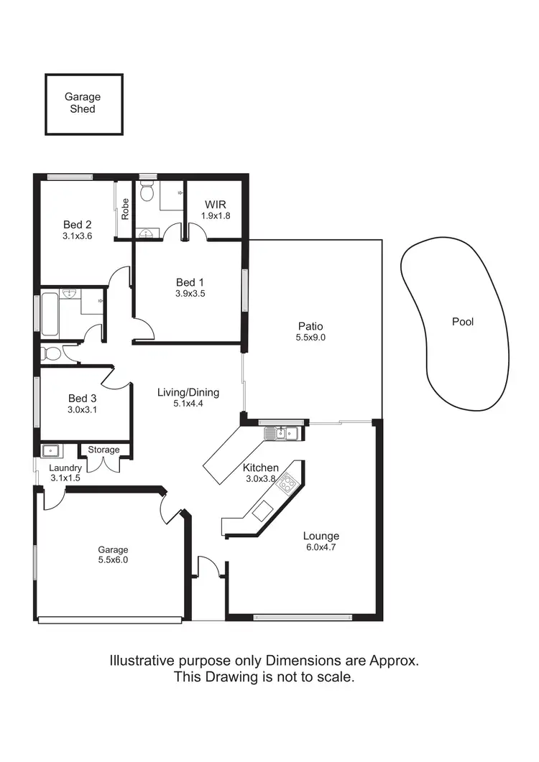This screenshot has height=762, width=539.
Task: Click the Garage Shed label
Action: tap(83, 103)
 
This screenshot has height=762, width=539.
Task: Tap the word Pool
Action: tap(463, 322)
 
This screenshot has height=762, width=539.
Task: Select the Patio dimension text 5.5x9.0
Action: tap(310, 338)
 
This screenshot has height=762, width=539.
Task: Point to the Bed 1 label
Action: tap(190, 282)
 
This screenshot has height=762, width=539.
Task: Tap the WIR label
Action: tap(215, 204)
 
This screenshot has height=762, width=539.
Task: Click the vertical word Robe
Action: tap(125, 208)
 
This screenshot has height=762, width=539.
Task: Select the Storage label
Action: tap(103, 450)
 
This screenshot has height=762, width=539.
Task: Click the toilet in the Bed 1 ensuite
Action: tap(147, 192)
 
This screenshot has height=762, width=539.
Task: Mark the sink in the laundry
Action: tap(51, 451)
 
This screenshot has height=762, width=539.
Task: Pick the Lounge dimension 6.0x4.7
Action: tap(321, 547)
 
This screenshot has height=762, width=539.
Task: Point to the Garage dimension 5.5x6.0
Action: tap(113, 560)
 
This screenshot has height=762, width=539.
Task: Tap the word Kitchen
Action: tap(260, 468)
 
